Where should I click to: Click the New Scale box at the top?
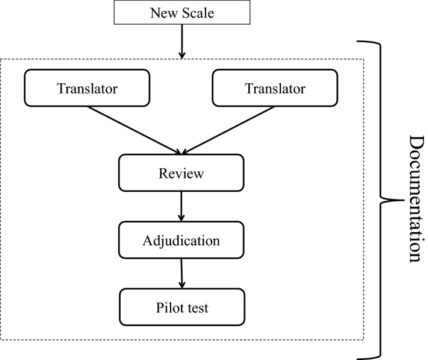click(x=181, y=12)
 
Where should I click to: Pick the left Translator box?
click(x=87, y=89)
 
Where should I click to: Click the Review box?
click(x=181, y=174)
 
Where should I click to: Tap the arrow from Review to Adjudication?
click(x=181, y=207)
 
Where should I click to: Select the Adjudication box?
click(x=181, y=241)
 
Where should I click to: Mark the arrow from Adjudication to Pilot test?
click(x=181, y=274)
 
